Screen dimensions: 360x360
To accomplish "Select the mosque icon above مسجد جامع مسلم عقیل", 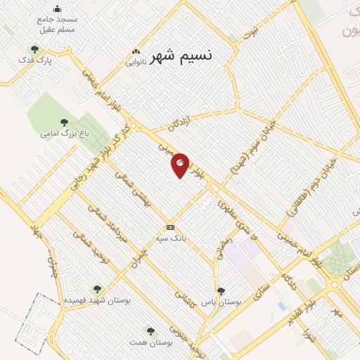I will click(x=58, y=8).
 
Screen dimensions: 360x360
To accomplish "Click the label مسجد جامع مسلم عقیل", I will click(x=58, y=25).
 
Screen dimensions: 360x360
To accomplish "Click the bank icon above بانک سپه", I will click(x=170, y=227).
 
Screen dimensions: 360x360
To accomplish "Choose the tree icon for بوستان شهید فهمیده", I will click(x=97, y=288).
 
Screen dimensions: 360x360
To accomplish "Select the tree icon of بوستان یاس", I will click(x=221, y=290).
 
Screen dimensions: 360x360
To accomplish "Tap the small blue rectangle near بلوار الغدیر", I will click(x=281, y=307).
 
